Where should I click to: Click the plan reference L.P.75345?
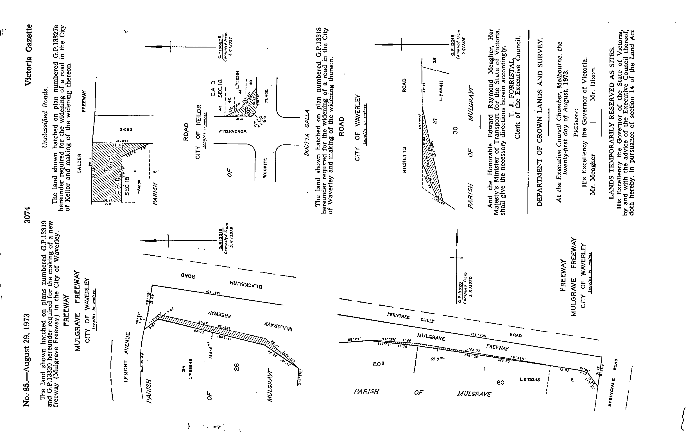(530, 380)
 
